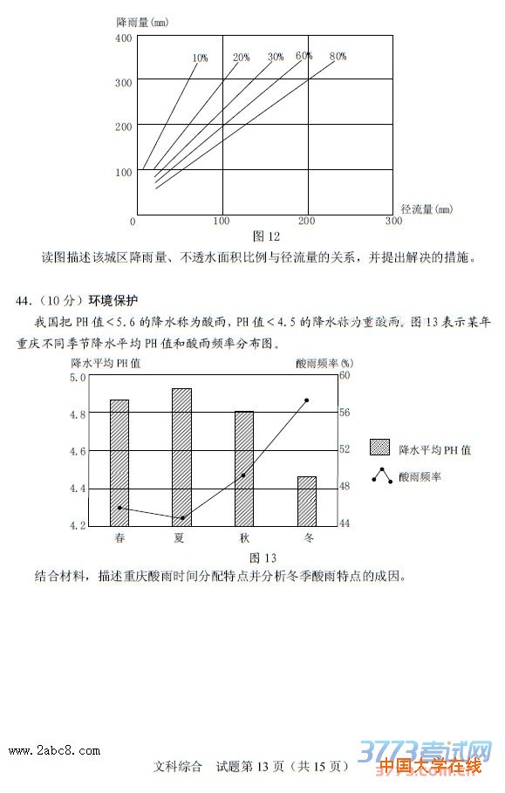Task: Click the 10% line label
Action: pyautogui.click(x=200, y=58)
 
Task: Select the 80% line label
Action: pyautogui.click(x=338, y=57)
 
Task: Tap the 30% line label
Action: pyautogui.click(x=276, y=58)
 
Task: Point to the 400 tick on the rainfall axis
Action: pyautogui.click(x=123, y=38)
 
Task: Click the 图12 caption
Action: pyautogui.click(x=266, y=236)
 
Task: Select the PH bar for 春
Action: pyautogui.click(x=119, y=462)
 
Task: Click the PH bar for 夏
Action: pyautogui.click(x=181, y=456)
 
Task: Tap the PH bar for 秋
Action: pyautogui.click(x=243, y=468)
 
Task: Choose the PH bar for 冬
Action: pyautogui.click(x=306, y=500)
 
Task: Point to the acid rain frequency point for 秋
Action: pyautogui.click(x=243, y=475)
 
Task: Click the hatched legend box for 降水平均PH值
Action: pyautogui.click(x=379, y=448)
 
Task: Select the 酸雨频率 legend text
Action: pyautogui.click(x=420, y=477)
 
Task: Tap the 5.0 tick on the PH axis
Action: pyautogui.click(x=78, y=378)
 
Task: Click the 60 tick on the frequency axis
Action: pyautogui.click(x=344, y=376)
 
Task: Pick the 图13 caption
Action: pyautogui.click(x=263, y=558)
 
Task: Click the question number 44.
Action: pyautogui.click(x=24, y=301)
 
